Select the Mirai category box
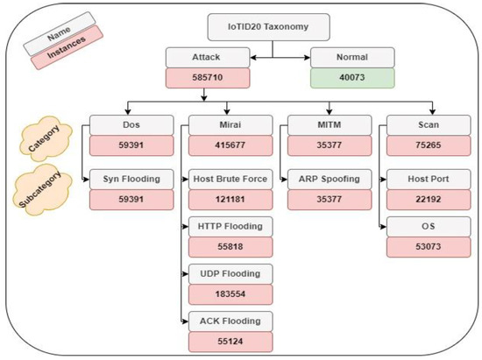click(230, 124)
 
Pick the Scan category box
click(425, 124)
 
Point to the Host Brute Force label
click(230, 180)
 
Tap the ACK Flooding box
click(230, 321)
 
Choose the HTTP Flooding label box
click(230, 227)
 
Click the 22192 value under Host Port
click(425, 199)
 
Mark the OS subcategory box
click(425, 227)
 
